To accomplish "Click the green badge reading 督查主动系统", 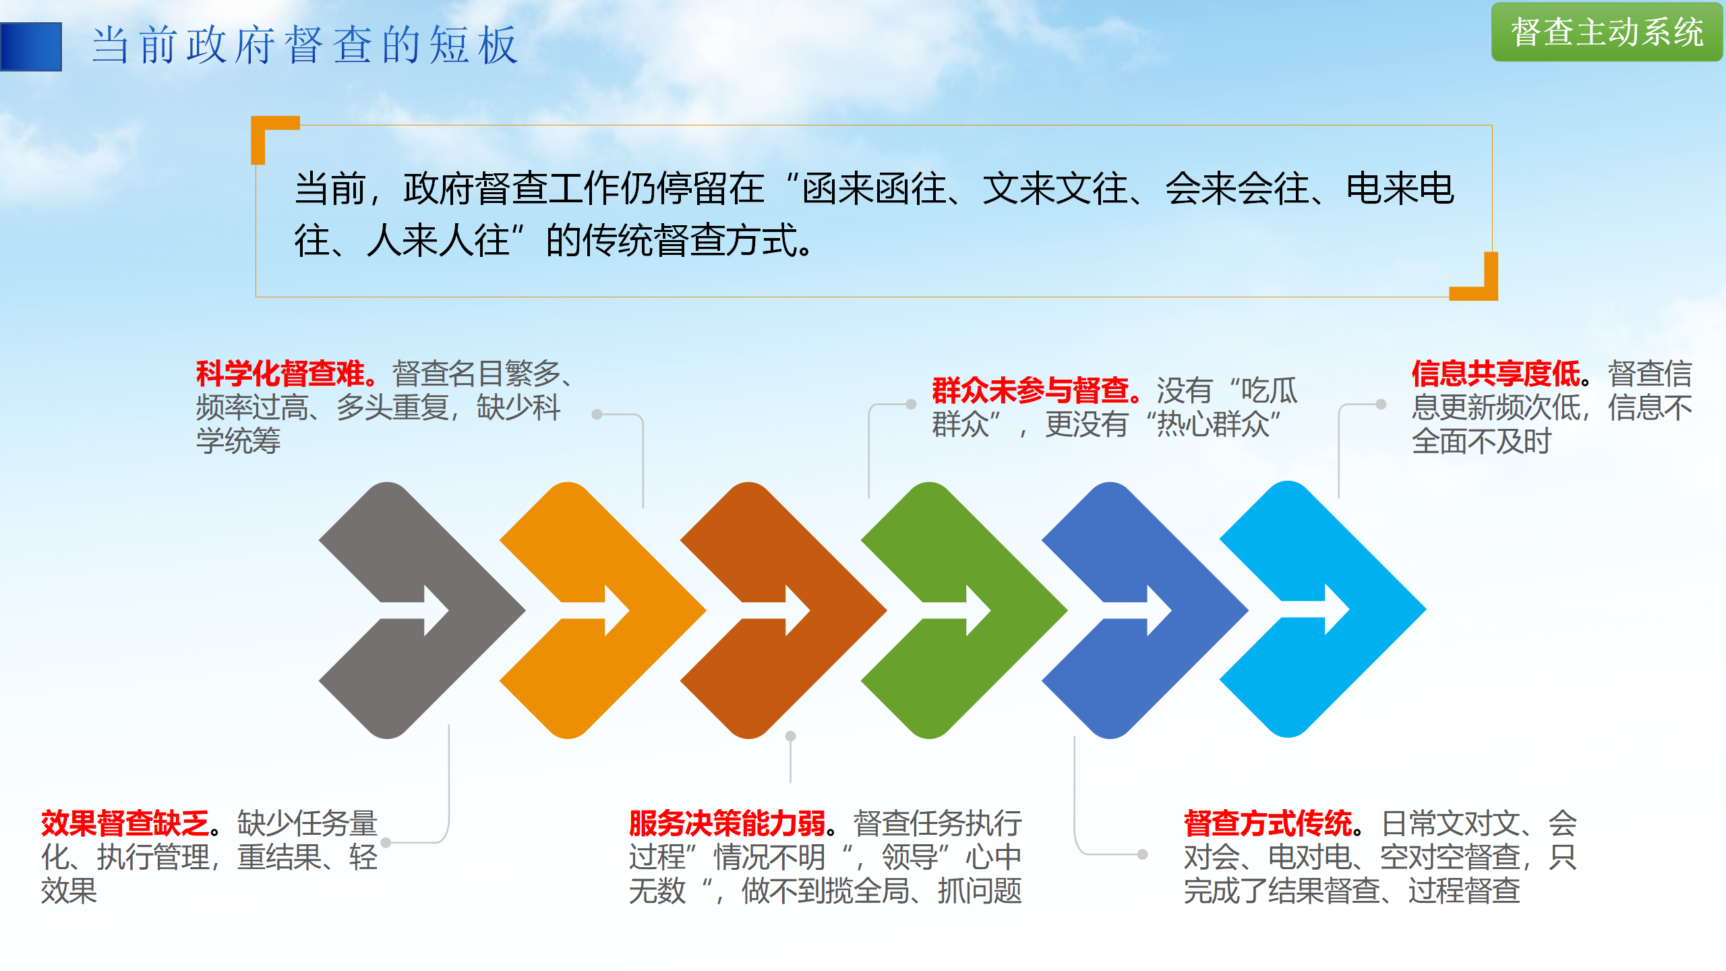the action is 1607,32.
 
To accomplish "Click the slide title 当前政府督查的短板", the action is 305,46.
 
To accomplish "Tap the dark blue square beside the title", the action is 31,47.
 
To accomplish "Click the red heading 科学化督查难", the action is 280,374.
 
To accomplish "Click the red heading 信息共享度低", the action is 1496,374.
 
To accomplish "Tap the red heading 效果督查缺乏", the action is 125,823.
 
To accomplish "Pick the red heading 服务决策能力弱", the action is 727,823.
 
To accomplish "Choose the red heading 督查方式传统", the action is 1268,823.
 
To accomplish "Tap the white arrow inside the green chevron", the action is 956,610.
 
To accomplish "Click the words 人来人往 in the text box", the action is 438,241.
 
